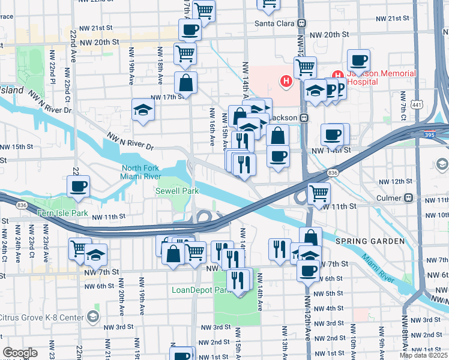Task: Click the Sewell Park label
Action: [x=176, y=190]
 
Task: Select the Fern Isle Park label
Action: [x=62, y=213]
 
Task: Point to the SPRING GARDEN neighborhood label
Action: [x=362, y=241]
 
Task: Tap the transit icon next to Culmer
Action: [x=408, y=197]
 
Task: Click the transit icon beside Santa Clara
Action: [x=302, y=23]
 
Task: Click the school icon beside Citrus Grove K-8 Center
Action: [x=92, y=316]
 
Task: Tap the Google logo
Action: [x=20, y=353]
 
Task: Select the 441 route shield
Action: [x=417, y=105]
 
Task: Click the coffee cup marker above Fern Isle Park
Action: [x=78, y=187]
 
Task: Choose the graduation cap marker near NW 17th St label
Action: [x=143, y=110]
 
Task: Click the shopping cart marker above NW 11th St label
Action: [x=319, y=193]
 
